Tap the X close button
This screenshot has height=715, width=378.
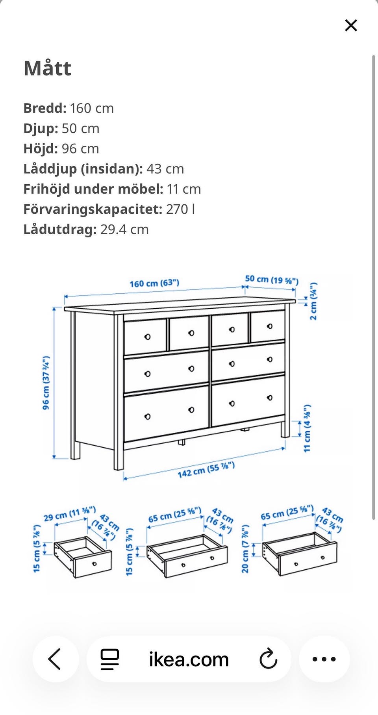[x=351, y=26]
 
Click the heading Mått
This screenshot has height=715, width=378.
[x=48, y=69]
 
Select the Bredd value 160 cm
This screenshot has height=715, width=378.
[x=92, y=108]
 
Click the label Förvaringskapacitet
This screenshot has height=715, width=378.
[x=93, y=209]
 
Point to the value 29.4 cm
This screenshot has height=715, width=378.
[x=124, y=230]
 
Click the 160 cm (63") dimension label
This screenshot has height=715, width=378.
[x=154, y=283]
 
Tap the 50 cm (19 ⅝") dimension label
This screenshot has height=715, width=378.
[x=272, y=280]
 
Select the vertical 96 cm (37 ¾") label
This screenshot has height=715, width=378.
[x=46, y=383]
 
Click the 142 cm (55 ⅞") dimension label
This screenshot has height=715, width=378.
[x=206, y=470]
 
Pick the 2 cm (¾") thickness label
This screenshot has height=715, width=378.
[x=313, y=301]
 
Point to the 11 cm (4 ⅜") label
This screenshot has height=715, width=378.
[x=307, y=428]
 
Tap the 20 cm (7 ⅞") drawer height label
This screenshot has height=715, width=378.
[x=245, y=548]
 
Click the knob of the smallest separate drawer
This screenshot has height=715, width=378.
[x=94, y=564]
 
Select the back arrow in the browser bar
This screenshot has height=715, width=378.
[x=55, y=659]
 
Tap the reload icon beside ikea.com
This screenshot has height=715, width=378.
[x=269, y=659]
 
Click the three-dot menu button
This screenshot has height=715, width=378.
[x=324, y=659]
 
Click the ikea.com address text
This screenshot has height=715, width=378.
[x=189, y=659]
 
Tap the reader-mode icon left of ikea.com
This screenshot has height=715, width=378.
[x=110, y=659]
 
